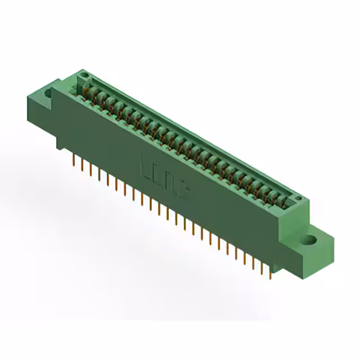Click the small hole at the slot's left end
(84, 75)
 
